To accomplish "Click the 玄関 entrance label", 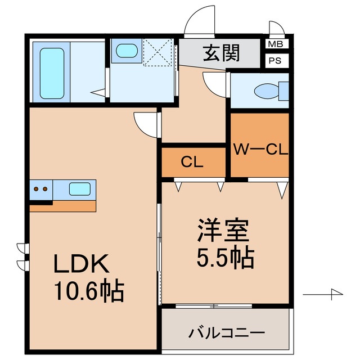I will coord(221,53).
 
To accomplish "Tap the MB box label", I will coord(276,44).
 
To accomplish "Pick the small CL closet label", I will coord(192,163).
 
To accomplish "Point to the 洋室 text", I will coord(223,232).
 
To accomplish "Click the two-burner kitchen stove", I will coord(40,189).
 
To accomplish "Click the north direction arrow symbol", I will coord(326,294).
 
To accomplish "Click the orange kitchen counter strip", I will coord(62,206).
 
